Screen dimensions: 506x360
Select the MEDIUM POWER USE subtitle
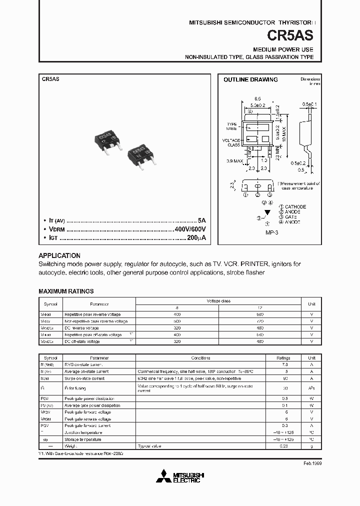[283, 49]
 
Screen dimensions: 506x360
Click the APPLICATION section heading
[59, 255]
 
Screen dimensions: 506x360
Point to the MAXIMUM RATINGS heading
[66, 291]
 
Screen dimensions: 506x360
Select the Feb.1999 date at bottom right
[312, 463]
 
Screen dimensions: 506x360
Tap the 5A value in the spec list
[201, 220]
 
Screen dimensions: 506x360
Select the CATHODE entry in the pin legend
[295, 206]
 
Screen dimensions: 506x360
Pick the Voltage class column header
[218, 301]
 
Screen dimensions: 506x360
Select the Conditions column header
[201, 358]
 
